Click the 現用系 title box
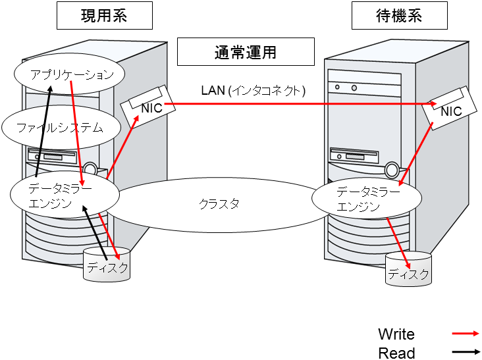[103, 16]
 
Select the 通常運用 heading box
[245, 52]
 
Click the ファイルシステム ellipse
[60, 128]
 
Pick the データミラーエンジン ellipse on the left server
[64, 195]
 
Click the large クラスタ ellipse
[217, 204]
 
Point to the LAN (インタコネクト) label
[254, 90]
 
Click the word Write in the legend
[396, 334]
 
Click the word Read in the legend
[396, 353]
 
